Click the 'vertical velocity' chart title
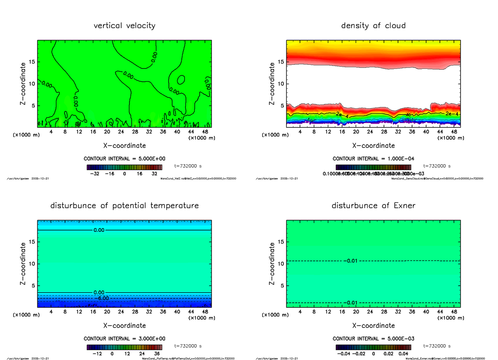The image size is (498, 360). point(124,26)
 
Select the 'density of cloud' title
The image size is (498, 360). point(373,26)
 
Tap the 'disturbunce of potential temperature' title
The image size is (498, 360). point(124,206)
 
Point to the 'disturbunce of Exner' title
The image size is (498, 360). point(373,206)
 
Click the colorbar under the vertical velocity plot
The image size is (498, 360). point(124,167)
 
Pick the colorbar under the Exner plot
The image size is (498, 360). point(373,347)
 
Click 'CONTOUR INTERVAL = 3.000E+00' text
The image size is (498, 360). point(124,338)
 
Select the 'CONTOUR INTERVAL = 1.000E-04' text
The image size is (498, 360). point(373,158)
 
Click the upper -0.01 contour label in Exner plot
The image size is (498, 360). point(351,260)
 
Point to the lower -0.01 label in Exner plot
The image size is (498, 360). point(351,302)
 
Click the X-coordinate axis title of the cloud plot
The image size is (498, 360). point(373,146)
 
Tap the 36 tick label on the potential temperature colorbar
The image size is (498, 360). point(158,354)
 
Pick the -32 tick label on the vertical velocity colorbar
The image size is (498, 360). point(95,174)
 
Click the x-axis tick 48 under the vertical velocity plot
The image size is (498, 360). point(205,131)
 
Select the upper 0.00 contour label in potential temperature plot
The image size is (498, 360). point(99,230)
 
